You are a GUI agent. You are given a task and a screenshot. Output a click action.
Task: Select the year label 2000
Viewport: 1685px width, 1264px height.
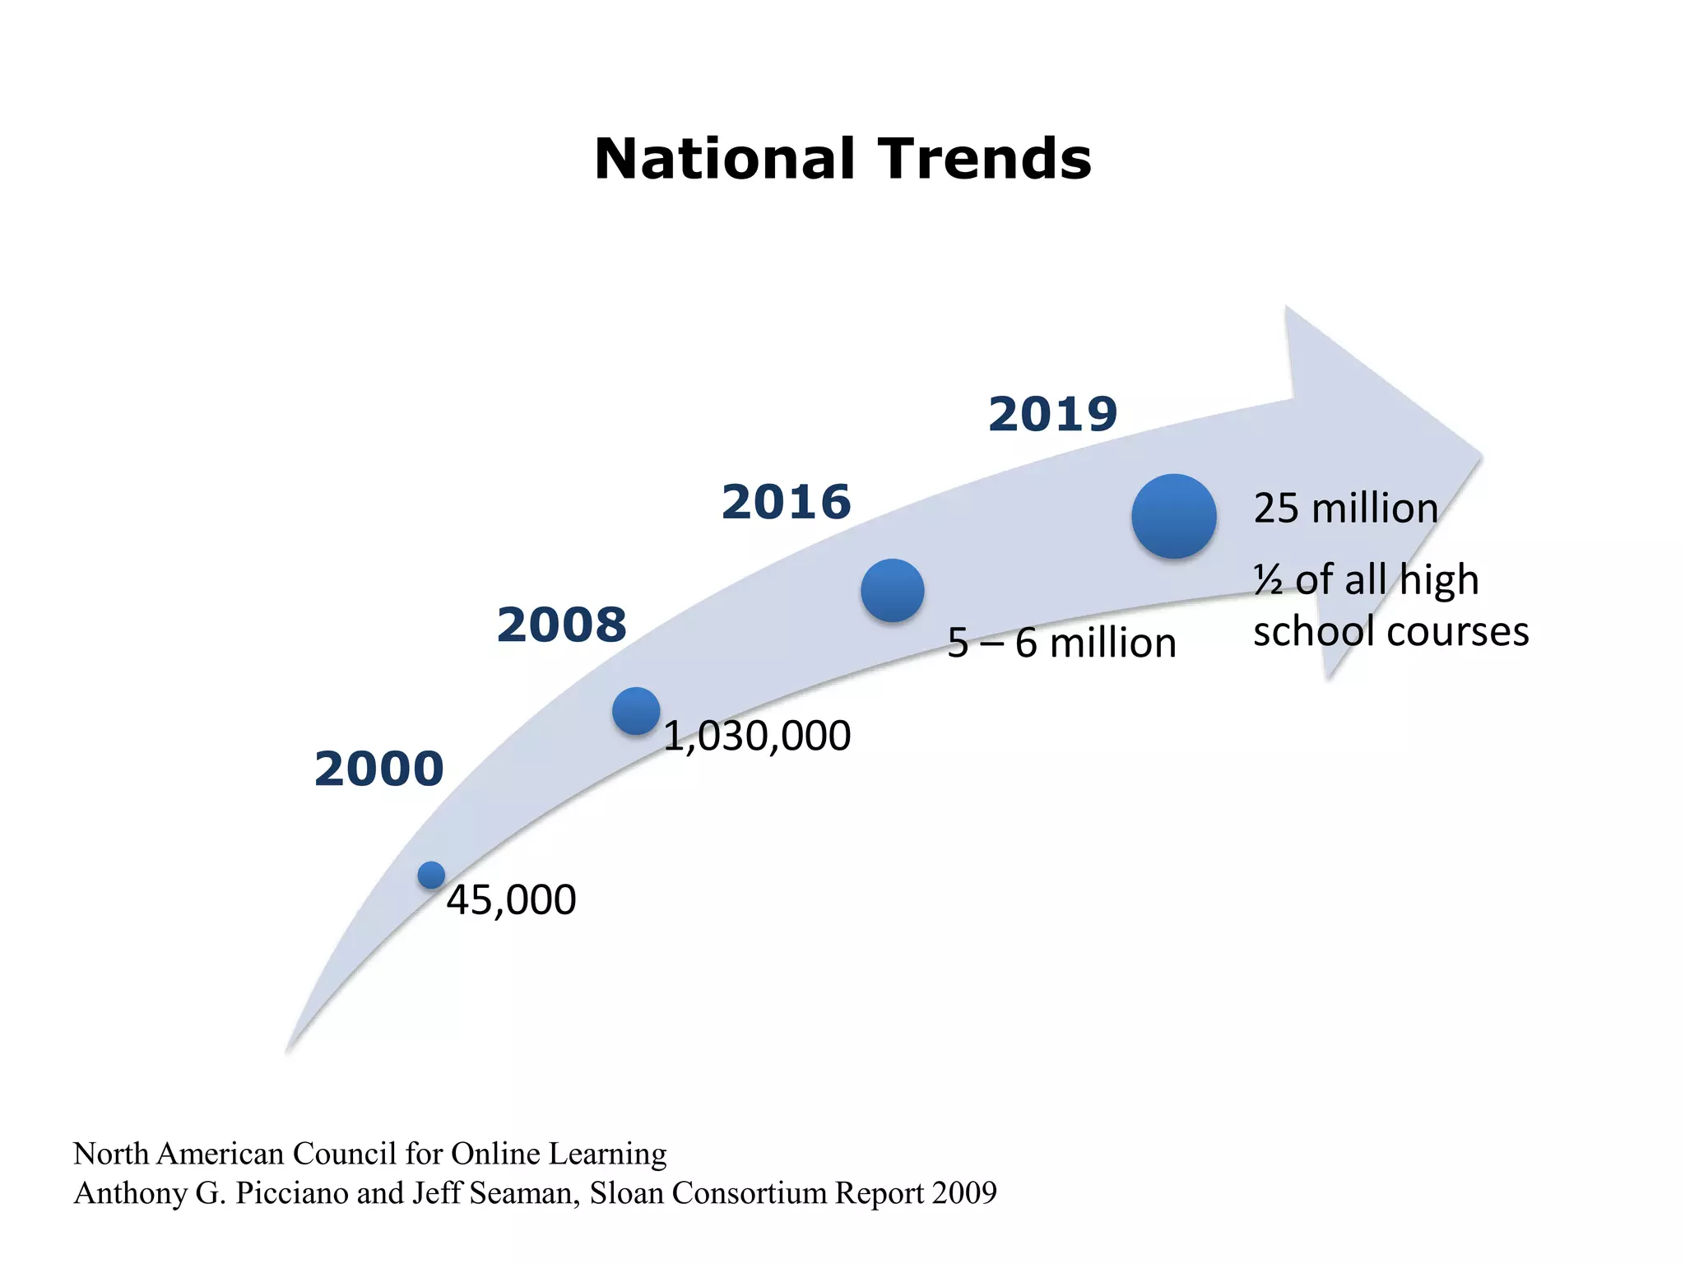(x=378, y=769)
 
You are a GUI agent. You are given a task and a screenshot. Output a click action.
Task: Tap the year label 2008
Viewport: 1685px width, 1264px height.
(x=561, y=625)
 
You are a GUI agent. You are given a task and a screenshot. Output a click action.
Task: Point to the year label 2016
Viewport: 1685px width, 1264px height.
(x=786, y=502)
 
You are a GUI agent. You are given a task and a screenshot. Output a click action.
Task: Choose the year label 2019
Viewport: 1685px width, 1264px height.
(x=1052, y=414)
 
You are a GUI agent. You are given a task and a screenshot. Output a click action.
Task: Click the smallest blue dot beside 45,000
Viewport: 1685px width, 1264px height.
(x=431, y=875)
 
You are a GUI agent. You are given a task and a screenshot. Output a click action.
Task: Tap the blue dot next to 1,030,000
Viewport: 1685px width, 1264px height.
(x=636, y=711)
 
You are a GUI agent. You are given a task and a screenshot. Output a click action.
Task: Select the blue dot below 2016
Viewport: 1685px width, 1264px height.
(x=893, y=590)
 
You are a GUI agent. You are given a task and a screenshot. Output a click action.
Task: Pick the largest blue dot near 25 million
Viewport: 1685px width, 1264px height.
(x=1174, y=516)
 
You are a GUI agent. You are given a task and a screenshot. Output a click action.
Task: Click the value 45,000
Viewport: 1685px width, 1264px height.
(x=511, y=900)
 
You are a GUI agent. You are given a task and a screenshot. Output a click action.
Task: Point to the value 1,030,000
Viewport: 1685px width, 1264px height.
(x=756, y=736)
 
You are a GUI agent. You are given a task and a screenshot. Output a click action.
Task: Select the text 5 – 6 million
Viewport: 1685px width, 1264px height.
(x=1061, y=643)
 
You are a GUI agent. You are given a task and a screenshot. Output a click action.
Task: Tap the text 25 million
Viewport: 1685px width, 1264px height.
(x=1345, y=509)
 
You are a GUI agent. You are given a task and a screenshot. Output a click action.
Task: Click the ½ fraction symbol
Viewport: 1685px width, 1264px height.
(x=1268, y=581)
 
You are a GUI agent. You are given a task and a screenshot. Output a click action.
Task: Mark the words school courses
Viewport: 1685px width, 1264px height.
(x=1390, y=632)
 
